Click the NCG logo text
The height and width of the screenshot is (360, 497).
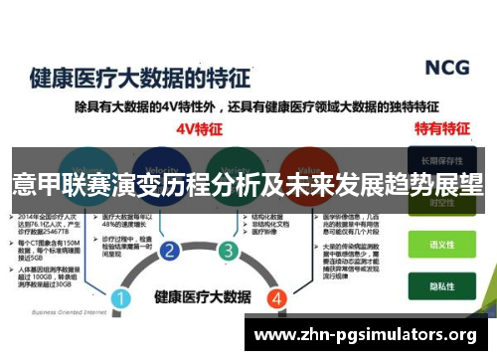pyautogui.click(x=447, y=68)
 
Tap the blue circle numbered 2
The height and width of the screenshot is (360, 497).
pyautogui.click(x=170, y=251)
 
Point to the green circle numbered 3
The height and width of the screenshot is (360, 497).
pyautogui.click(x=229, y=251)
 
